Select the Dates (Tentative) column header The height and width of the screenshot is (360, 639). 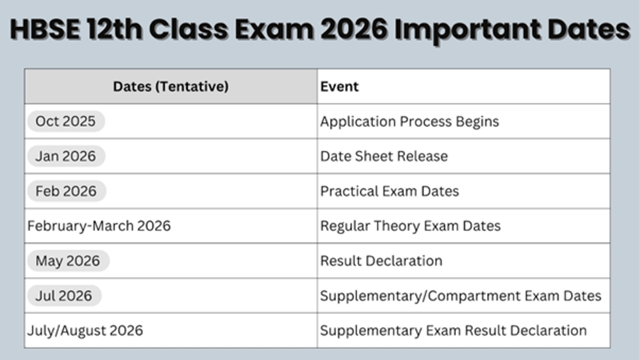tap(170, 86)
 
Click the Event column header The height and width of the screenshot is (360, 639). tap(340, 86)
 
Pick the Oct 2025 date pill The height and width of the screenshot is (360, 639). tap(65, 121)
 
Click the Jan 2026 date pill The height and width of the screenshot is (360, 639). tap(65, 156)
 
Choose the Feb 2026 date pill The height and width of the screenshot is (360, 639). tap(66, 191)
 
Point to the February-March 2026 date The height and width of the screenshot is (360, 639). tap(99, 226)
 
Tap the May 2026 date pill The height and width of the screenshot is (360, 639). tap(68, 261)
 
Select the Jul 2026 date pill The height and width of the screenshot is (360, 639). tap(64, 296)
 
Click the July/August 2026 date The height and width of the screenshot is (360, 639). tap(85, 330)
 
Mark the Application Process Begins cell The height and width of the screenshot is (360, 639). tap(409, 121)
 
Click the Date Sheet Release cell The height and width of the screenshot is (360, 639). tap(384, 156)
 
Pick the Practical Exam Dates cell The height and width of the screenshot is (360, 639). tap(389, 191)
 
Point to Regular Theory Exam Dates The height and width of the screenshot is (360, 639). tap(410, 226)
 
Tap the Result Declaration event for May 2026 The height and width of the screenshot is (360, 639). tap(381, 261)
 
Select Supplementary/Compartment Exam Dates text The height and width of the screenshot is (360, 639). tap(461, 296)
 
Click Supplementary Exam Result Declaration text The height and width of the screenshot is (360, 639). tap(453, 330)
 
